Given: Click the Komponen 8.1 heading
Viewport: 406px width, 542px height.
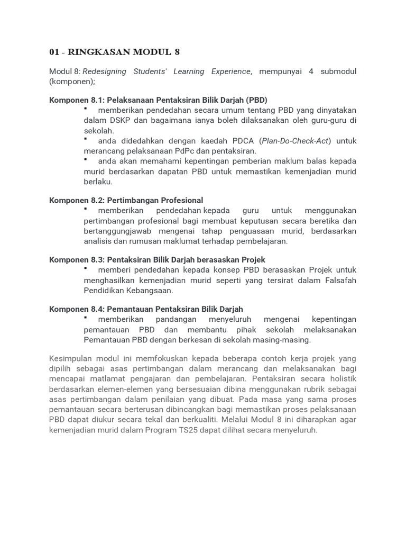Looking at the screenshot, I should click(x=158, y=100).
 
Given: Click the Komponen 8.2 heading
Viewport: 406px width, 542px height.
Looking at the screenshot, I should click(x=126, y=200).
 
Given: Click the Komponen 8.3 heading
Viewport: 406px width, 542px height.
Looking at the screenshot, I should click(x=157, y=259).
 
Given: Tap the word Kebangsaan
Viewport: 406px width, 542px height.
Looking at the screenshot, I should click(x=149, y=291).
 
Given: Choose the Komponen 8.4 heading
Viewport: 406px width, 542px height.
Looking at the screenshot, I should click(x=146, y=309).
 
